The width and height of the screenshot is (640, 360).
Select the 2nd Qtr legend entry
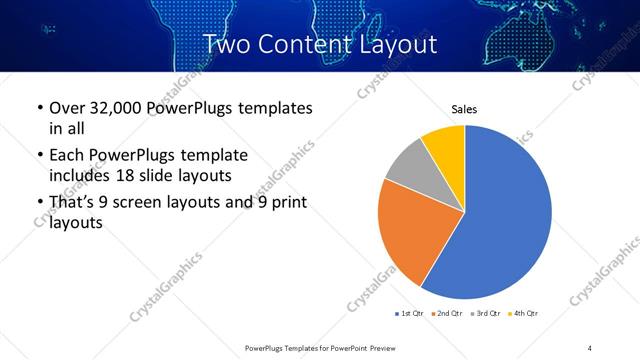point(445,314)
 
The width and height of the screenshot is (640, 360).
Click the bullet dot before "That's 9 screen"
point(39,204)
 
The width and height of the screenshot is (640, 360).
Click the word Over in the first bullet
point(66,108)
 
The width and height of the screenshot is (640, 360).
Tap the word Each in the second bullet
point(66,156)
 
